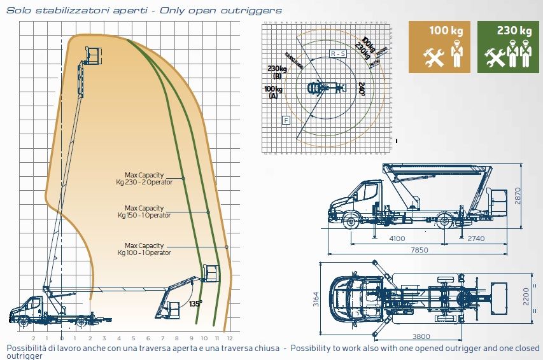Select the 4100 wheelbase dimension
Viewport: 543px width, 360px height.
tap(396, 239)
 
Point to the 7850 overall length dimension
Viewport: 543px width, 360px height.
tap(419, 250)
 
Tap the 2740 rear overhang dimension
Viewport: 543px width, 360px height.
tap(475, 239)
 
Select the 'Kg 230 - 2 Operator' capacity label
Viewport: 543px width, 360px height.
tap(145, 181)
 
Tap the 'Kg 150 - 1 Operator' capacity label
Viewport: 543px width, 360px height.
tap(145, 215)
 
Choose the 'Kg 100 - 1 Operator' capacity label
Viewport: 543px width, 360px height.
tap(145, 253)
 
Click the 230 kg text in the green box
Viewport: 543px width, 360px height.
tap(514, 31)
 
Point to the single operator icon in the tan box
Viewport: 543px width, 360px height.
tap(456, 55)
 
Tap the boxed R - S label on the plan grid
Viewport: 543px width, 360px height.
tap(338, 54)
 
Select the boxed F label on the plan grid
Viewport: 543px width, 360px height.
tap(286, 120)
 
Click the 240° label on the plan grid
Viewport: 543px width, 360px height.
tap(362, 89)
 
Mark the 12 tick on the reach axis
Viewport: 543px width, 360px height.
tap(229, 338)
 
